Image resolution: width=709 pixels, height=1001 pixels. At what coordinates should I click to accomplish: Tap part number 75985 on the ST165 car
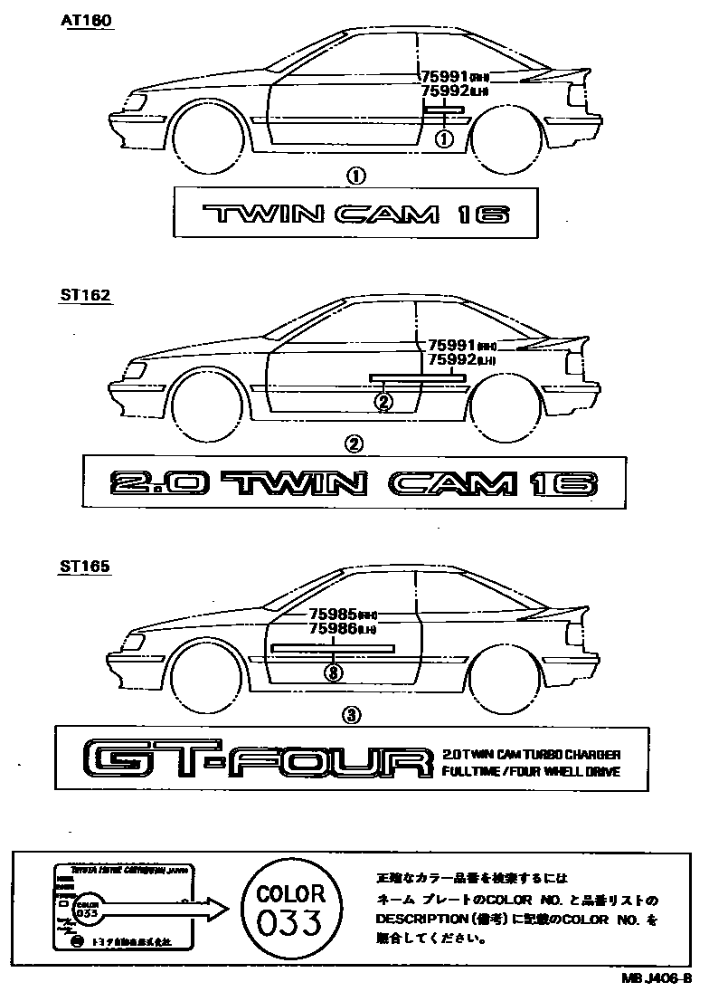[x=332, y=613]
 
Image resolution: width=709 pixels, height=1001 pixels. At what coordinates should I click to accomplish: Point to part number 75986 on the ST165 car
[x=332, y=627]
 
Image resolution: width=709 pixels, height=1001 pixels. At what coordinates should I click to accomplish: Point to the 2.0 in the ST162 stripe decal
[x=161, y=483]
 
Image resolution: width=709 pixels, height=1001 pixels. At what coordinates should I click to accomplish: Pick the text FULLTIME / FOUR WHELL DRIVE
[x=532, y=771]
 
